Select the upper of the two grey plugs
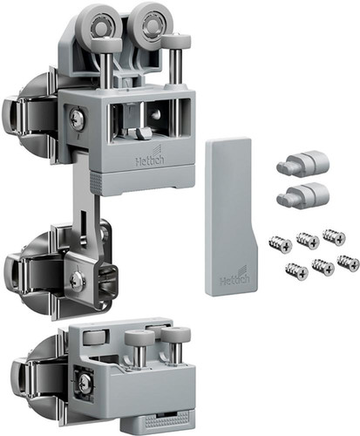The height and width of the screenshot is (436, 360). [x=302, y=160]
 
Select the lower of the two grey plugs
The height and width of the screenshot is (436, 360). [x=302, y=194]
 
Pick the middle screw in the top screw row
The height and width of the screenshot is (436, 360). [x=308, y=241]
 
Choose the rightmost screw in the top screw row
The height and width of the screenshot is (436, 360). [x=334, y=237]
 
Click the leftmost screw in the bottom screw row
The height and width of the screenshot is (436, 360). [x=296, y=271]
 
